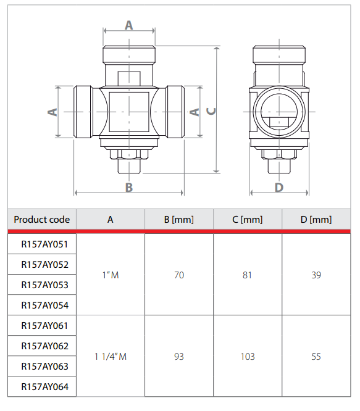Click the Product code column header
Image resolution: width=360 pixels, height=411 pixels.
pyautogui.click(x=42, y=220)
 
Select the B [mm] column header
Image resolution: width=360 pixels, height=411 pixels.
pyautogui.click(x=179, y=220)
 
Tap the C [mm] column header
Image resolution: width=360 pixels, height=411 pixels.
pyautogui.click(x=248, y=220)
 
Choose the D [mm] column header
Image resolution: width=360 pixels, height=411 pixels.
pyautogui.click(x=316, y=220)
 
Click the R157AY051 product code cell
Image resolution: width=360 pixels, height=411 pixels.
pyautogui.click(x=42, y=244)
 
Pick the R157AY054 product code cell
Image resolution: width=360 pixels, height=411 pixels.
pyautogui.click(x=42, y=305)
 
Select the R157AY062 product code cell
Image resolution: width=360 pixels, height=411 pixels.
pyautogui.click(x=42, y=346)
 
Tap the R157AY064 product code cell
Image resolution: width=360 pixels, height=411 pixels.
pyautogui.click(x=42, y=386)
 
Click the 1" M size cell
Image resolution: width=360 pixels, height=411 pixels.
pyautogui.click(x=111, y=275)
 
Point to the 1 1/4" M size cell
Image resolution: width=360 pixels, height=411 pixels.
pyautogui.click(x=111, y=356)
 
